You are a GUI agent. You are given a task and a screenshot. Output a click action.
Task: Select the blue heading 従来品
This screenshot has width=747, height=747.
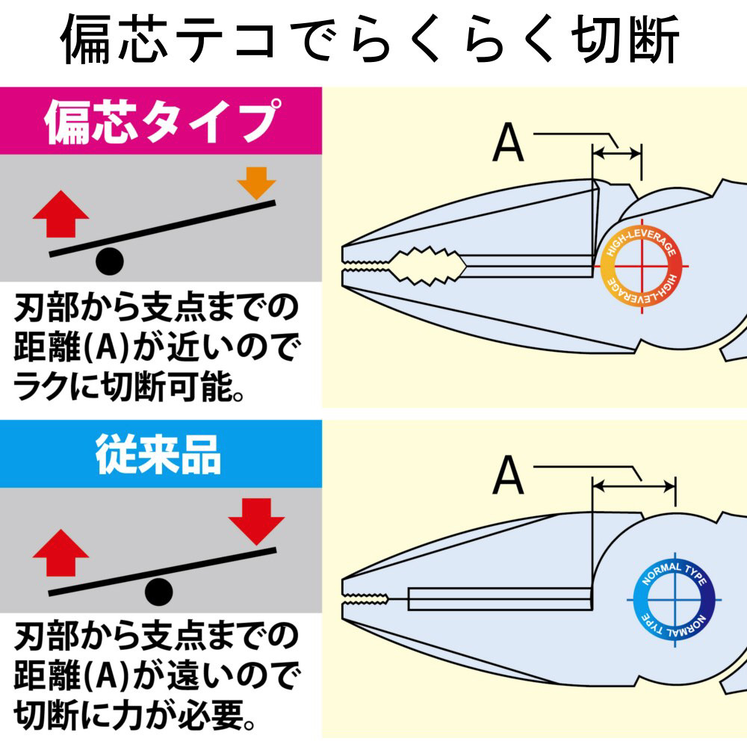coord(158,453)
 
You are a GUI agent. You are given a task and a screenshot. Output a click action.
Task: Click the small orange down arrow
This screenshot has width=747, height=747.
coord(256,183)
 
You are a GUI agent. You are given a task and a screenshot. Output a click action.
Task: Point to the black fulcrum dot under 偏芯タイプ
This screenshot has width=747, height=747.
coord(109,261)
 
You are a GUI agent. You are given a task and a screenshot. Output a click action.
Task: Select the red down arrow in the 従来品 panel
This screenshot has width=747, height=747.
coord(255,518)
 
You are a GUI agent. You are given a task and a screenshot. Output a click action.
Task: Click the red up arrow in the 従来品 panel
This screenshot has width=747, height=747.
coord(61,552)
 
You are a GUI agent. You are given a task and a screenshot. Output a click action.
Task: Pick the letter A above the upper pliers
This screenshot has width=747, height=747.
coord(508,144)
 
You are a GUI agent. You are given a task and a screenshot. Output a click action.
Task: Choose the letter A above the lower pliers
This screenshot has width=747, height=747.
coord(508,477)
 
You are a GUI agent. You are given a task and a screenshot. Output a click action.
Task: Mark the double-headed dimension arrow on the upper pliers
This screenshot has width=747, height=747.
coord(617,155)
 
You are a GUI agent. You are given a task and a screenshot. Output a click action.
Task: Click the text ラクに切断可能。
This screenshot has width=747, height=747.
coord(131,388)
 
